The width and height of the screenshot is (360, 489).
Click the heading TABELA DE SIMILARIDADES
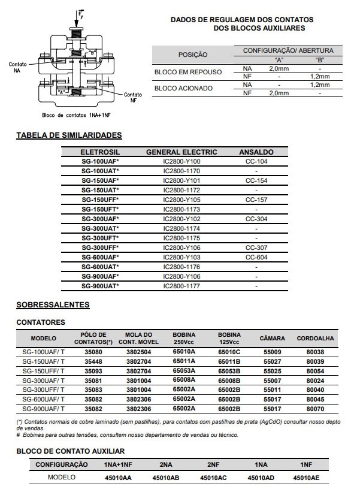69,135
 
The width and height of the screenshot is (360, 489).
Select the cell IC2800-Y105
182,200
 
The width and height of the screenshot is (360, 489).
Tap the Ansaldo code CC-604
256,257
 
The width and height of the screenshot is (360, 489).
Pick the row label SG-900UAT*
100,286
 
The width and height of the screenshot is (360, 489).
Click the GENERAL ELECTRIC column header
182,152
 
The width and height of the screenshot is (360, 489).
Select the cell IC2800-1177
182,286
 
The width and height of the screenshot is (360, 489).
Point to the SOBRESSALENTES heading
53,305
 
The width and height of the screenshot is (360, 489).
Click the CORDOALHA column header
315,339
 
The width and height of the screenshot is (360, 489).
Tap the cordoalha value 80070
315,409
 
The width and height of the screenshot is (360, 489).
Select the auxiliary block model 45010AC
213,478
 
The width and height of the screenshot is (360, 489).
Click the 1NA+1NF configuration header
118,464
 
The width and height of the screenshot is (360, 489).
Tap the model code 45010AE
307,478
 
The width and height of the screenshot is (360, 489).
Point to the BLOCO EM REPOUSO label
188,72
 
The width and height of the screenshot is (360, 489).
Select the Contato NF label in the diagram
133,97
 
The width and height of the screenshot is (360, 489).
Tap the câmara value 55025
273,371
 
